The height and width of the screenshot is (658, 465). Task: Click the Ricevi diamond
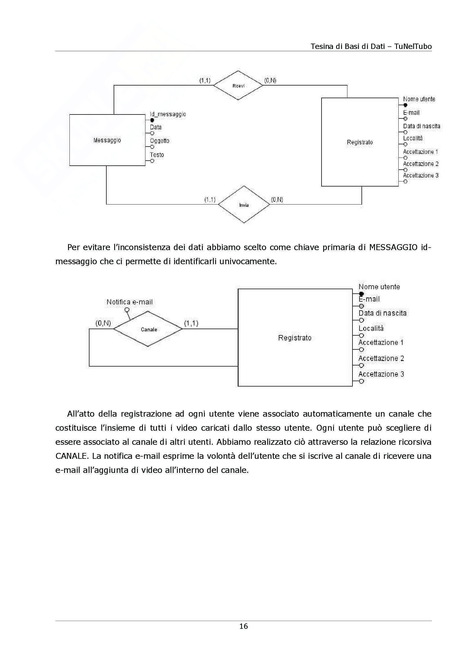coord(238,86)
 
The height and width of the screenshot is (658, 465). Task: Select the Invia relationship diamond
coord(244,205)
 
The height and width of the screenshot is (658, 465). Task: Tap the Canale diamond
coord(149,329)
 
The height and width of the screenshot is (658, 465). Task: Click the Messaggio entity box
coord(107,140)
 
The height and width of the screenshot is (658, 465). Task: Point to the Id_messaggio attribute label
coord(168,114)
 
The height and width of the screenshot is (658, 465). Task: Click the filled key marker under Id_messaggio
coord(152,120)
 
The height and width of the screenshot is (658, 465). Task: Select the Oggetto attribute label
coord(160,141)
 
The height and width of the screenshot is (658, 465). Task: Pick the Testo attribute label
coord(157,155)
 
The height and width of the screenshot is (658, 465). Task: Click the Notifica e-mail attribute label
coord(129,302)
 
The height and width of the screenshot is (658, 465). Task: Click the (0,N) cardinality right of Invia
coord(277,199)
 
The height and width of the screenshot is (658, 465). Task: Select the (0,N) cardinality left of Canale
coord(103,323)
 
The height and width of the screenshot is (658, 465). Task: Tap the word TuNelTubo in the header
coord(413,46)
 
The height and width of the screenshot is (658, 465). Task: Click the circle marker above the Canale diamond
coord(127,310)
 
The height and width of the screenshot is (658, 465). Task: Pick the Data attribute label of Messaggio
coord(156,127)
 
